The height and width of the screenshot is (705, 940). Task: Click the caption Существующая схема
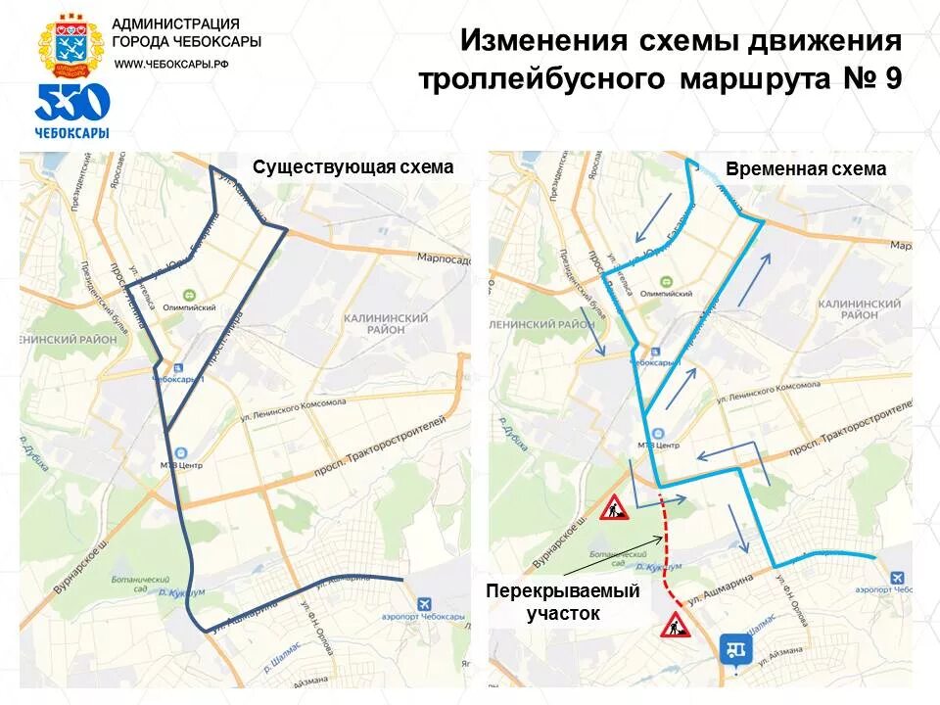pos(352,166)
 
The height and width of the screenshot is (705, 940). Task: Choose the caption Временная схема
pos(806,168)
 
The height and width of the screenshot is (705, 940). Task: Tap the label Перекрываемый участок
pos(563,602)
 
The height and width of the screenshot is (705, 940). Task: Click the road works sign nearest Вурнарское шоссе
pos(614,507)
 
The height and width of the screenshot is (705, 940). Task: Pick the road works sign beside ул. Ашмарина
pos(675,623)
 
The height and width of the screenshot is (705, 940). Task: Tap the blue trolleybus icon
pos(735,649)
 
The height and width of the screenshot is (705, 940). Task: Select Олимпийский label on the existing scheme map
pos(188,306)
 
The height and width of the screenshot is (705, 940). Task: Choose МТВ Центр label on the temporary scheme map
pos(658,444)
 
